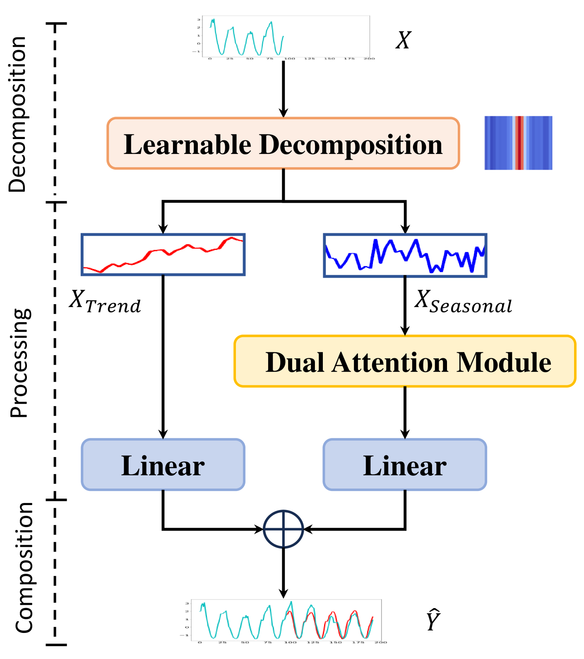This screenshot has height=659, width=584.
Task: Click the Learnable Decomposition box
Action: [283, 144]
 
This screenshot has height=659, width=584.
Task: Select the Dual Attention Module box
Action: [405, 362]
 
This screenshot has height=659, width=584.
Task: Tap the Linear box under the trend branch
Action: [163, 465]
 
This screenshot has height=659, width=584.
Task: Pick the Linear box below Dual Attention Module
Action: [405, 465]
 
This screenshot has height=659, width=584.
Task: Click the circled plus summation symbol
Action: [284, 529]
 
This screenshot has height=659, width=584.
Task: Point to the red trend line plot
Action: [163, 254]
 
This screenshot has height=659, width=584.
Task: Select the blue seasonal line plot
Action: [405, 255]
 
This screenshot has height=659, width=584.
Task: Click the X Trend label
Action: [105, 301]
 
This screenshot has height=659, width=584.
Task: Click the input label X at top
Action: [403, 41]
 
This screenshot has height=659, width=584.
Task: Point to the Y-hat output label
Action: [433, 621]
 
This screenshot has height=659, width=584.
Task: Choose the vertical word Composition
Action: [24, 568]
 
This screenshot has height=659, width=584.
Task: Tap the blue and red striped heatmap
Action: [518, 143]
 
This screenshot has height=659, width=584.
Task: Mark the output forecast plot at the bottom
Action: [286, 621]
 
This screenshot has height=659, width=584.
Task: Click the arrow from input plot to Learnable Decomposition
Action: [284, 89]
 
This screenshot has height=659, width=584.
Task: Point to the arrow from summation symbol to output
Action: [284, 573]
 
